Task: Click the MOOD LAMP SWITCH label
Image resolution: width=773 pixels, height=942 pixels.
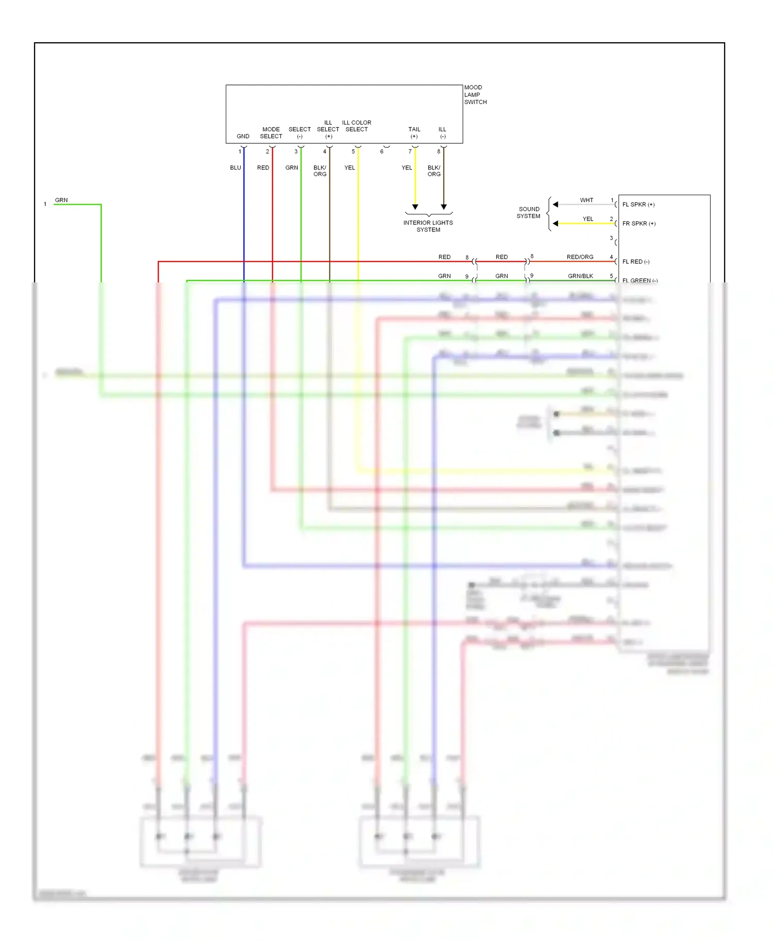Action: pos(475,95)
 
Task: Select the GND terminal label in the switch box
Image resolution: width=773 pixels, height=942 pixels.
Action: pos(243,137)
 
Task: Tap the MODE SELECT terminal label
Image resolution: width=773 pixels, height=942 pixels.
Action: pos(271,133)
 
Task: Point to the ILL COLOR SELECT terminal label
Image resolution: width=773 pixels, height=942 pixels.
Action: pos(357,126)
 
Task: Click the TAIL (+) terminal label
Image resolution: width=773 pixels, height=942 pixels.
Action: pos(414,133)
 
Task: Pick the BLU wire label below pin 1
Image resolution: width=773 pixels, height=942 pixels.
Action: pos(236,168)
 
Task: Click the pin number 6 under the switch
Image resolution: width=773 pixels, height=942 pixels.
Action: pos(382,152)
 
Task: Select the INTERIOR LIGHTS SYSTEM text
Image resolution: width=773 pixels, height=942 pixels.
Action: pos(428,226)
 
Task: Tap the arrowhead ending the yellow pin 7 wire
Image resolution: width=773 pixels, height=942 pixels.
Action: pos(415,207)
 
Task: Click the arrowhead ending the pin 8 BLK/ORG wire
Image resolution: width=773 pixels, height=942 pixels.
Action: pos(444,207)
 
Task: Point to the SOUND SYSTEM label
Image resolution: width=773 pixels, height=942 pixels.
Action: pos(529,213)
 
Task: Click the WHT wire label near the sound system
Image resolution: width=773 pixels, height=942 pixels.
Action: pos(586,200)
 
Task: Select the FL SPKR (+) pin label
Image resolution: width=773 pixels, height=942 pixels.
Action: pos(638,205)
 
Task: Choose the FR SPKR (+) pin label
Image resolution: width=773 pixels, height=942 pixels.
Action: pos(638,224)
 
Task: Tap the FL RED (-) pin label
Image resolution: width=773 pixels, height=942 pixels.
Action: pos(635,262)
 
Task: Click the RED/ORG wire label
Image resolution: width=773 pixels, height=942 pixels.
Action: pos(580,257)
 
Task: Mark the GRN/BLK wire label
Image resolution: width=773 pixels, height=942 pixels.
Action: pos(580,276)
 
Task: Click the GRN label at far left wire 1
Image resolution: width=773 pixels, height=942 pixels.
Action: pos(61,200)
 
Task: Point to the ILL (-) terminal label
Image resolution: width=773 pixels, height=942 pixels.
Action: pos(442,133)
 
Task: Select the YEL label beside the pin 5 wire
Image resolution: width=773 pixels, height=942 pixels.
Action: pos(349,168)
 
